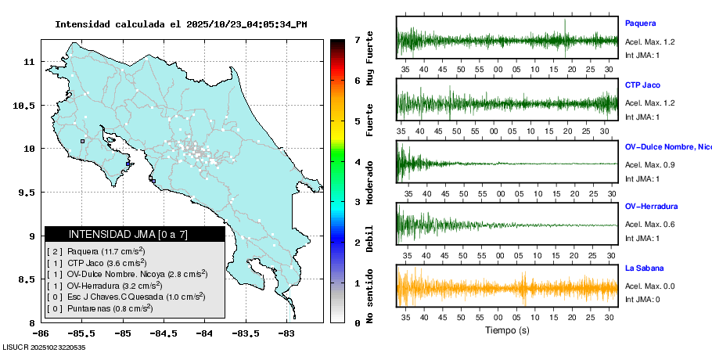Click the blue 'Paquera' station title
point(640,23)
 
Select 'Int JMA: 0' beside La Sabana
point(642,299)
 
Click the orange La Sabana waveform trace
point(507,286)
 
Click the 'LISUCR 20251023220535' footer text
point(44,347)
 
